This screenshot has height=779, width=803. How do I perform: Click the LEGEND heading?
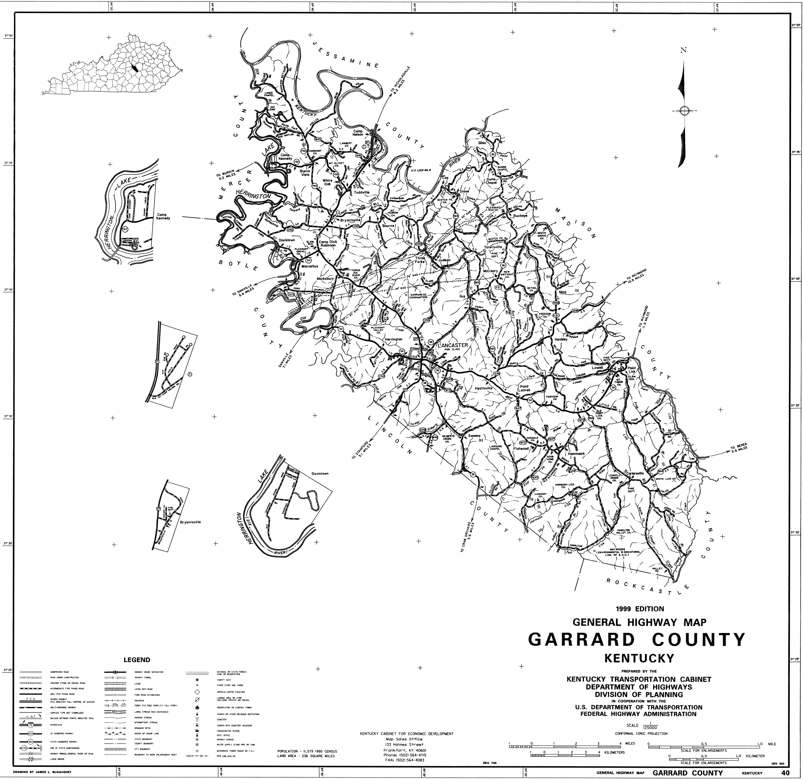click(137, 660)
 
